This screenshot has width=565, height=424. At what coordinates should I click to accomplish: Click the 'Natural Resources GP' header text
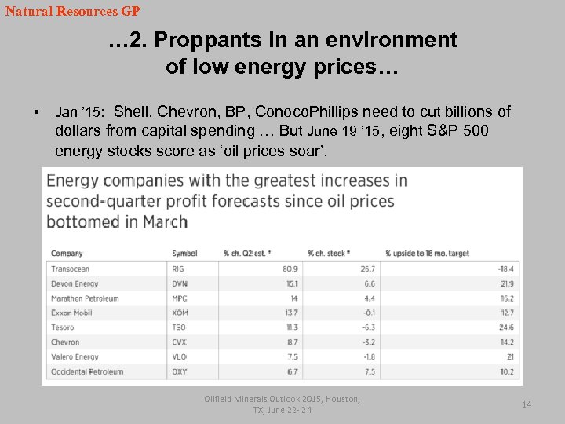coord(72,12)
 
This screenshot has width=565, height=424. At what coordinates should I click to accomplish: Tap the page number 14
coord(527,404)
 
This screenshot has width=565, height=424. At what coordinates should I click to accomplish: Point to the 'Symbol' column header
coord(184,254)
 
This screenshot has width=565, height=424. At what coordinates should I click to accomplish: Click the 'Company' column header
coord(67,254)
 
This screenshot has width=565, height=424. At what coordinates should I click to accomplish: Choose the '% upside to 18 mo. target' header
coord(427,254)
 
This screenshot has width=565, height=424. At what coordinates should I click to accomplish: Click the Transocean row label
coord(71,269)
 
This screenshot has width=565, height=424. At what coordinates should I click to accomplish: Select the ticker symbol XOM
coord(180,313)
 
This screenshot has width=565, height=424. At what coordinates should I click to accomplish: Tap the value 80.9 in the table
coord(290,269)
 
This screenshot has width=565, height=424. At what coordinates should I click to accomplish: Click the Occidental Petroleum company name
coord(87,371)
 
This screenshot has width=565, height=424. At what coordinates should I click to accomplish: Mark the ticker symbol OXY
coord(180,371)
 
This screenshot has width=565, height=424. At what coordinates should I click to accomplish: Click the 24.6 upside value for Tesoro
coord(506,327)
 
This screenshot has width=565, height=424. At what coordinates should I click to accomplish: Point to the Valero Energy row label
coord(75,356)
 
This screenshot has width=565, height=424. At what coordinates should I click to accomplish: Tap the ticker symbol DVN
coord(180,283)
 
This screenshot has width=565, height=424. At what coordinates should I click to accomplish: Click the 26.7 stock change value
coord(368,269)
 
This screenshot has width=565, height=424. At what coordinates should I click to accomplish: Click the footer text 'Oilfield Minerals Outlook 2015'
coord(280,399)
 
